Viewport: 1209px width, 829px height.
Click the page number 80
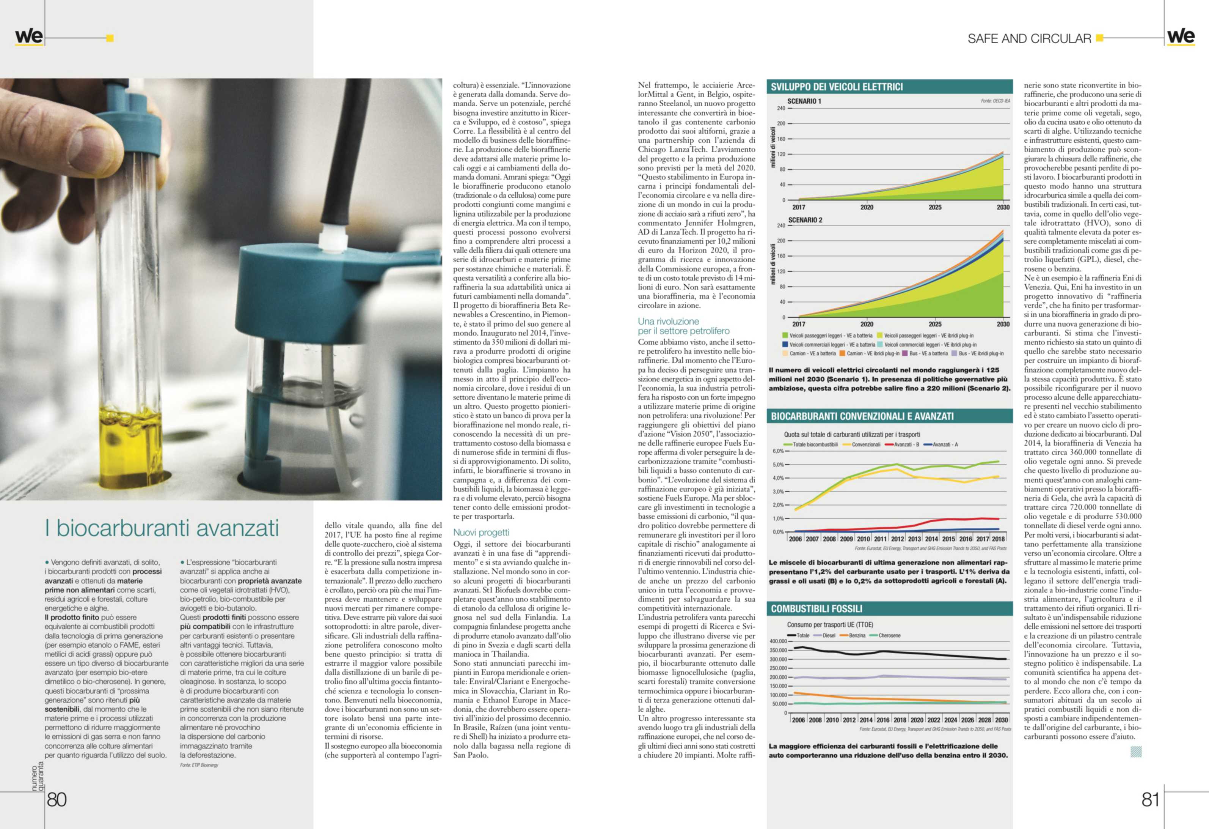click(57, 799)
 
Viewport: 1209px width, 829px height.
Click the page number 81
click(1150, 799)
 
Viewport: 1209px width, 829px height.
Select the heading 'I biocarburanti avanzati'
click(162, 528)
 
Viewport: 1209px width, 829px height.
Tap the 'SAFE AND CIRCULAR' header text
click(1029, 39)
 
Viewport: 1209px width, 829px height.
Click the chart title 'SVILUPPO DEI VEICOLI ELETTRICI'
click(837, 87)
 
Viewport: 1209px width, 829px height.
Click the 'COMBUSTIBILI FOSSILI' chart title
click(816, 609)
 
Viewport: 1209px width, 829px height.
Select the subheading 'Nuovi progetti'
click(481, 532)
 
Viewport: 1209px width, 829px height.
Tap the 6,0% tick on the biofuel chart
click(778, 451)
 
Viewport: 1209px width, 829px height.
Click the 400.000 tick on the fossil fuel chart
click(778, 641)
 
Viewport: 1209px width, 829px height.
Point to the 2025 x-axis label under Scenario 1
click(935, 207)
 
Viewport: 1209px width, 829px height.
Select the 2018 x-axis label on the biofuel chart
click(998, 539)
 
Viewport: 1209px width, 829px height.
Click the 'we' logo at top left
click(28, 36)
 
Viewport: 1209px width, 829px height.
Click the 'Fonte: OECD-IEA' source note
click(995, 101)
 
